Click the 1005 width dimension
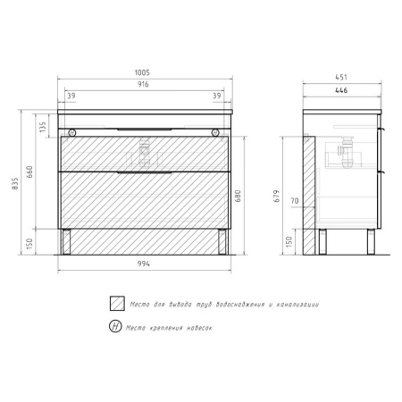pyautogui.click(x=142, y=72)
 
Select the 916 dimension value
pyautogui.click(x=143, y=84)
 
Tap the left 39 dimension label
pyautogui.click(x=71, y=96)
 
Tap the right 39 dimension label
pyautogui.click(x=217, y=96)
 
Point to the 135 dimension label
pyautogui.click(x=43, y=127)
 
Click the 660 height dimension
pyautogui.click(x=29, y=172)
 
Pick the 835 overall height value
pyautogui.click(x=15, y=184)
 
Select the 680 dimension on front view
pyautogui.click(x=239, y=197)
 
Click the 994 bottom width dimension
pyautogui.click(x=144, y=264)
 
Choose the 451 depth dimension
pyautogui.click(x=341, y=77)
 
